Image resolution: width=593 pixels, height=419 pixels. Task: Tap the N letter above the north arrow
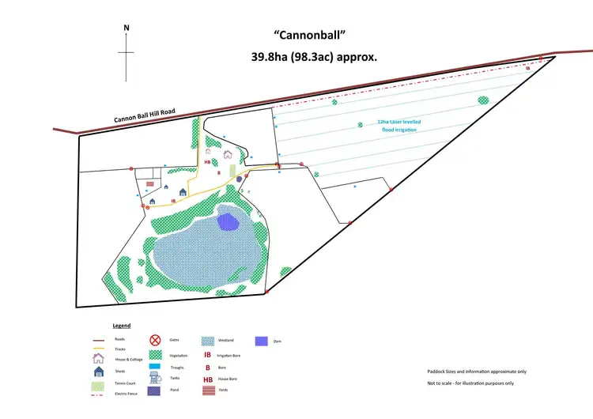pyautogui.click(x=127, y=28)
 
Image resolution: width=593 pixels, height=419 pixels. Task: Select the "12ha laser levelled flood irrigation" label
pyautogui.click(x=399, y=126)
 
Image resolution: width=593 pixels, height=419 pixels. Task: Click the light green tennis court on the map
pyautogui.click(x=232, y=170)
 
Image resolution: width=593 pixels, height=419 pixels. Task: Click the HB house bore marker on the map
pyautogui.click(x=207, y=161)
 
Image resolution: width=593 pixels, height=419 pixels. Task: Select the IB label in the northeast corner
pyautogui.click(x=528, y=69)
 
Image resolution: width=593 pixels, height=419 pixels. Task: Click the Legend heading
pyautogui.click(x=121, y=325)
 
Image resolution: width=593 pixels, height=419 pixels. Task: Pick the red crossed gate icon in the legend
pyautogui.click(x=155, y=339)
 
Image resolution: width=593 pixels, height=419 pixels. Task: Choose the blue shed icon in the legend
pyautogui.click(x=99, y=371)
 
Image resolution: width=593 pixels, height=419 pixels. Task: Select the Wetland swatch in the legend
pyautogui.click(x=207, y=340)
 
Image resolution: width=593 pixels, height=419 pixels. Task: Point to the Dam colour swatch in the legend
pyautogui.click(x=261, y=341)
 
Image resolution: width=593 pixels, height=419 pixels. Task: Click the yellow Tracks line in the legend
pyautogui.click(x=98, y=348)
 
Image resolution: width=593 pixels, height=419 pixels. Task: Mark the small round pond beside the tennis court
pyautogui.click(x=239, y=179)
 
